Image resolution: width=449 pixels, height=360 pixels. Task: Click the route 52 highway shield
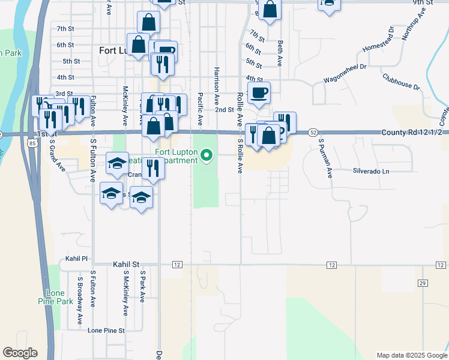313,131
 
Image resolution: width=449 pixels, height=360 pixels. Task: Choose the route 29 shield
422,283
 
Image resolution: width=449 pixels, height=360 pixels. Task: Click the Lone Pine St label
106,330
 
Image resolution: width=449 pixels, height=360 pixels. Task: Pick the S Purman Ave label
325,159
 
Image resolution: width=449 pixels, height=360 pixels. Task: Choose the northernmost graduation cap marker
118,162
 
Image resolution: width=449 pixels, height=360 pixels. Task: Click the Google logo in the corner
20,353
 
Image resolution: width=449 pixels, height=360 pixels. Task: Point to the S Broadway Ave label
79,300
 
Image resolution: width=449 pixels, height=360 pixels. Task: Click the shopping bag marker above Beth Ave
270,10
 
